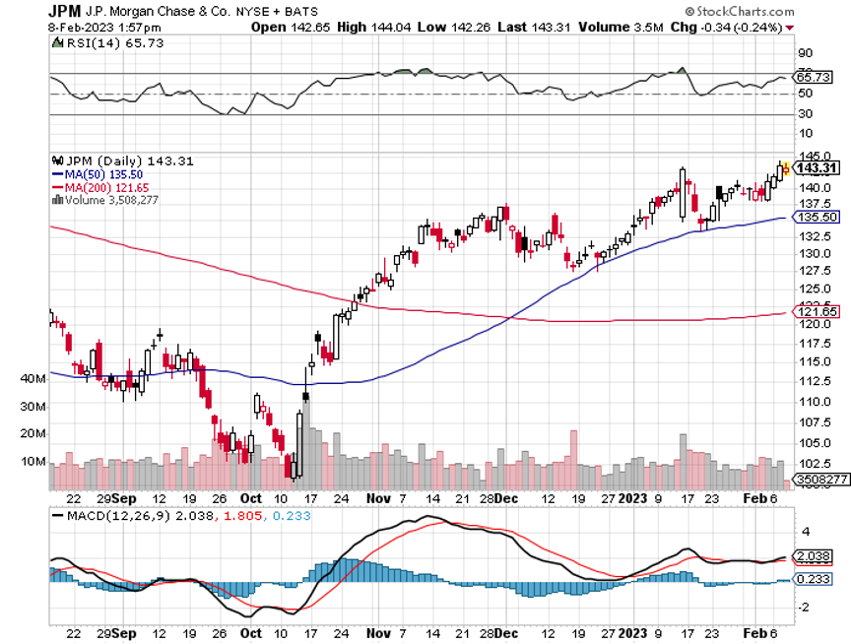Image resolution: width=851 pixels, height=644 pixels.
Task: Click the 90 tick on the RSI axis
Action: pyautogui.click(x=804, y=52)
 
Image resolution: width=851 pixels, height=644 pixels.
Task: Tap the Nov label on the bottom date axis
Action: pyautogui.click(x=375, y=634)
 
